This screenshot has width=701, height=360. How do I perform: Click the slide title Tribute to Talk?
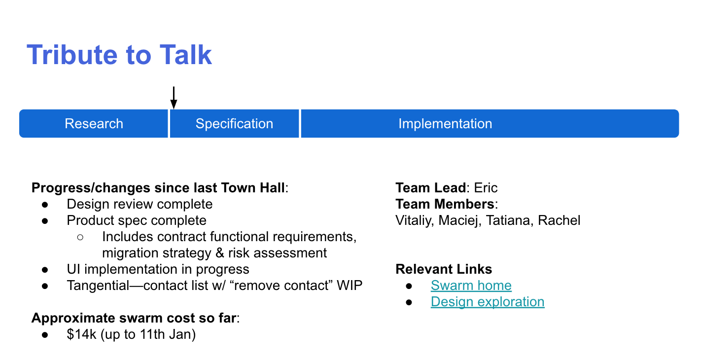119,55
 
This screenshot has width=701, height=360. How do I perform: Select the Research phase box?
94,123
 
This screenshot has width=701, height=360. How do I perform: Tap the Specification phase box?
234,123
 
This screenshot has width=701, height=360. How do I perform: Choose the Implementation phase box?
490,123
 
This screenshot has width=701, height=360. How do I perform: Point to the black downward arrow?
174,98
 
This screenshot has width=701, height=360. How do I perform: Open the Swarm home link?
471,286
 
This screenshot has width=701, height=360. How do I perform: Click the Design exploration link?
488,302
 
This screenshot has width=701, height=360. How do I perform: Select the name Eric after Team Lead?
486,188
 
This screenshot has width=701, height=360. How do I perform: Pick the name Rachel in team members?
559,220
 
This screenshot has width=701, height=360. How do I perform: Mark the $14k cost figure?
81,334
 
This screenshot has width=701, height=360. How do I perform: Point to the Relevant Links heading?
444,269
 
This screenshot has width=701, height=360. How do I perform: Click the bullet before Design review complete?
45,205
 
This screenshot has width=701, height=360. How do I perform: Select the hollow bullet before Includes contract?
80,237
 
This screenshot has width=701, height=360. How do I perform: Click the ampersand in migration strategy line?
220,253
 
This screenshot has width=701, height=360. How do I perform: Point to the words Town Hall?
253,188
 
